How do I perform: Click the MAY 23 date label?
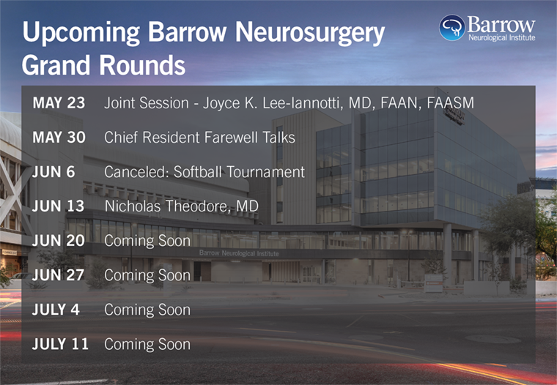(59, 103)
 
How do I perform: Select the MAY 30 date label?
(59, 138)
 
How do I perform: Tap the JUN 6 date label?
(54, 172)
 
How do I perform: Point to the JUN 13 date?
(58, 206)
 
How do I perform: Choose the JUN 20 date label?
(59, 241)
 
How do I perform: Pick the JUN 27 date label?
(58, 275)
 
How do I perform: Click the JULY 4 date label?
(56, 310)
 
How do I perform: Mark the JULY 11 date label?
(60, 344)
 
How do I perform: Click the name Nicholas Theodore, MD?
(182, 206)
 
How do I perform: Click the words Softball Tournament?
(239, 172)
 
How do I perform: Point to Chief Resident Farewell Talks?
(199, 138)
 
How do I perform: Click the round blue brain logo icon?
(452, 28)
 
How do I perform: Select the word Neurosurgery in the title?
(310, 34)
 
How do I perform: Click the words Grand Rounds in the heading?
(104, 65)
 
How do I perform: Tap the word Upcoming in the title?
(81, 34)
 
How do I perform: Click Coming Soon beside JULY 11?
(147, 344)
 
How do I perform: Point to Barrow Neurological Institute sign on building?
(239, 253)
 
